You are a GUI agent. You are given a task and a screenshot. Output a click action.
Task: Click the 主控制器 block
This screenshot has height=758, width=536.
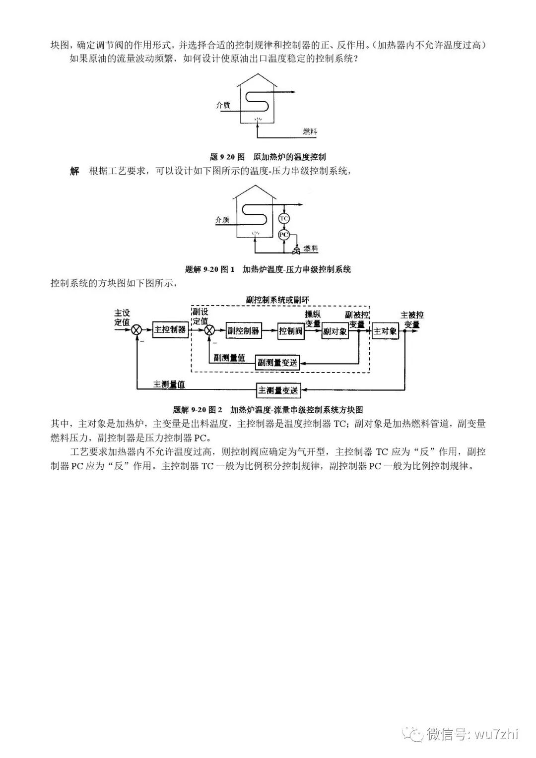coord(170,330)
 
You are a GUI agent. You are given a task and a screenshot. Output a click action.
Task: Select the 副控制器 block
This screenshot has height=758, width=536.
coord(243,331)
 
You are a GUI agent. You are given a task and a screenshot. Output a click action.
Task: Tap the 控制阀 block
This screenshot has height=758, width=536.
coord(291,331)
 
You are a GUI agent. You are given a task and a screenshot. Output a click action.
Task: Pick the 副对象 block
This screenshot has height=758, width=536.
coord(335,331)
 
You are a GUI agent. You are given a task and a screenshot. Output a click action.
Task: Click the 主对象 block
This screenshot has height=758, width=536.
coord(385,331)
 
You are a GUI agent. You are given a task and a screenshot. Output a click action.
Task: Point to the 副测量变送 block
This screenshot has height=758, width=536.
coord(278,363)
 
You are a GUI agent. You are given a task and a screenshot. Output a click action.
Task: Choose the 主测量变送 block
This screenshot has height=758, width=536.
coord(278,390)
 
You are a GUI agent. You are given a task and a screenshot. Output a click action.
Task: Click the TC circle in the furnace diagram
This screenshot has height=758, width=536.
coord(284,218)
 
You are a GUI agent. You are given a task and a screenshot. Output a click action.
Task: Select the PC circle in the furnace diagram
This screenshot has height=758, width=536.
coord(283,235)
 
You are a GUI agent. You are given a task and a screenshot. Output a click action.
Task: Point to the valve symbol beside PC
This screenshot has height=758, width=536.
coord(296,247)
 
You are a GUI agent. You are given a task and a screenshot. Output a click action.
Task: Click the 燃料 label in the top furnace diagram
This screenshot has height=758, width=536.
coord(310,131)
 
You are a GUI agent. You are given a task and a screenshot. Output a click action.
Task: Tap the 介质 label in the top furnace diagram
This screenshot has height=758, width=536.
coord(223,105)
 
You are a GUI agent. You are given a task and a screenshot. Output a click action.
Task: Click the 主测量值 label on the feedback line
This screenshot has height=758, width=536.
coord(170,384)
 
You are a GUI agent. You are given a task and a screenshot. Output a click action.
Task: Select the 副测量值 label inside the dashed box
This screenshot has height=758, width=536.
coord(229,357)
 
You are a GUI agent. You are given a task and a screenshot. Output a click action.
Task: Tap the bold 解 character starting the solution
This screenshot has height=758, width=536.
coord(74,171)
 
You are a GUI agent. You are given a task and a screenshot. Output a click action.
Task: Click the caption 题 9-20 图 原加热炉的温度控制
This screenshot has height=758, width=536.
coord(268,157)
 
